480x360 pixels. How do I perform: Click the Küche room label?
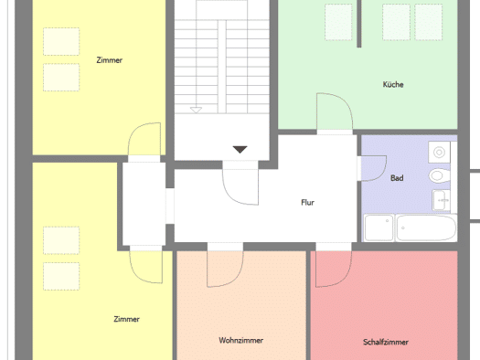coord(393,84)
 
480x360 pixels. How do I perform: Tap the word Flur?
coord(307,203)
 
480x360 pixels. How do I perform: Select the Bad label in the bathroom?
coord(397,178)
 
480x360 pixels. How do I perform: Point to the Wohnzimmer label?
coord(241,341)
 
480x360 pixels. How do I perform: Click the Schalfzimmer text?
coord(386,342)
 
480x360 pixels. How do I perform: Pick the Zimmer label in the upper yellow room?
coord(110,60)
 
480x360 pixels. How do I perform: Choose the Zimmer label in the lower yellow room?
coord(126,319)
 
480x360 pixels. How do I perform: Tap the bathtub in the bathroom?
coord(426,228)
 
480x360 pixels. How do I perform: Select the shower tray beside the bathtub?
coord(379,228)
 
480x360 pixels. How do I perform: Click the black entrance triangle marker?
coord(240,149)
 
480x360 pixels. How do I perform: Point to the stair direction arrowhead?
coord(196,111)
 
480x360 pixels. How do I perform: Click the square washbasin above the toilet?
coord(439,152)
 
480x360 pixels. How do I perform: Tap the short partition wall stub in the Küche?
coord(359,24)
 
